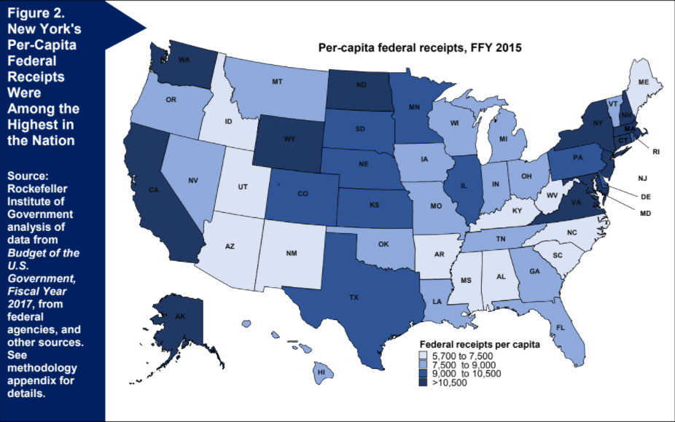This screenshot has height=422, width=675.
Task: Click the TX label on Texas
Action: pos(354,298)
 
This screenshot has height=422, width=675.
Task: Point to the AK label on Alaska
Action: pos(179,317)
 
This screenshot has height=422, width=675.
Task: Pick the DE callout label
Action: pos(646,197)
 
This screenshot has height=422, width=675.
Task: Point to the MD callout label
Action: pos(646,214)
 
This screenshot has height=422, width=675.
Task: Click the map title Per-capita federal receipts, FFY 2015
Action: pos(421,48)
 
